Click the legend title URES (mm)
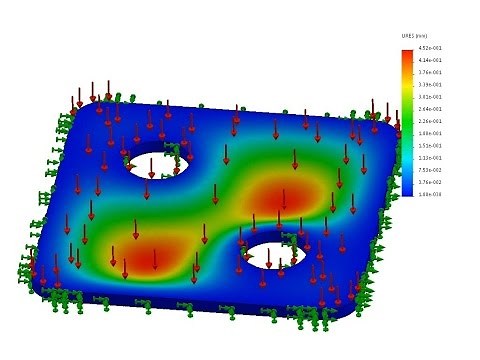[415, 37]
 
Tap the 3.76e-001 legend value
[430, 73]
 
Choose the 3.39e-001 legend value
[430, 85]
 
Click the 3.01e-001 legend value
[430, 97]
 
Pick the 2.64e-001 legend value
[430, 109]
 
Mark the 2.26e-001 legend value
[430, 121]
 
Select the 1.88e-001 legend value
[430, 133]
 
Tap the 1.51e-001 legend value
[430, 145]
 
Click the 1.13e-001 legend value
[430, 157]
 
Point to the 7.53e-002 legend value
[430, 169]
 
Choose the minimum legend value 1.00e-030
[430, 193]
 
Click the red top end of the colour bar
[407, 52]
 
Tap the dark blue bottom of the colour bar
[407, 191]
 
